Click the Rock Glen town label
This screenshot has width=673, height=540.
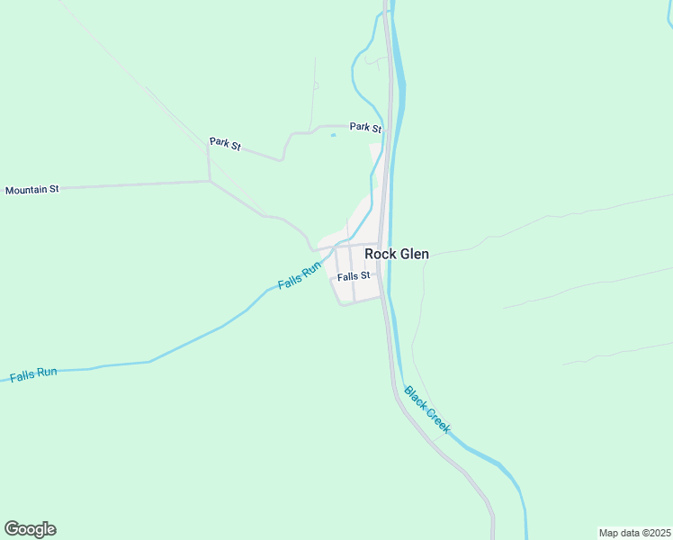click(396, 255)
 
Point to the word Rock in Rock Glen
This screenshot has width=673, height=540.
click(381, 255)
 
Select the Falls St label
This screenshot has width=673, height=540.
click(354, 276)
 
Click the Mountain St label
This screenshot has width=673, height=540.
click(31, 190)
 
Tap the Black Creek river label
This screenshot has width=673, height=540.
click(426, 409)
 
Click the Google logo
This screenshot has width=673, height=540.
click(30, 529)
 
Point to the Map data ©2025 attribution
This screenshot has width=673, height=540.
click(634, 532)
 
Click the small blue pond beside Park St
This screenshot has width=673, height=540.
click(334, 136)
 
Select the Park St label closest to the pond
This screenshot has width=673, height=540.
click(365, 128)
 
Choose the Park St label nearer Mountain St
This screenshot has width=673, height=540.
click(225, 143)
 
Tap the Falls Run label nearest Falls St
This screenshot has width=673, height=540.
click(300, 275)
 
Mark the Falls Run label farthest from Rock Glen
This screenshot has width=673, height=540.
click(33, 373)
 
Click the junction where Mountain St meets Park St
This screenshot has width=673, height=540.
click(210, 181)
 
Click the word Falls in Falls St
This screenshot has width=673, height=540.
click(347, 276)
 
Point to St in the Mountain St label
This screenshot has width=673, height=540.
click(53, 189)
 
